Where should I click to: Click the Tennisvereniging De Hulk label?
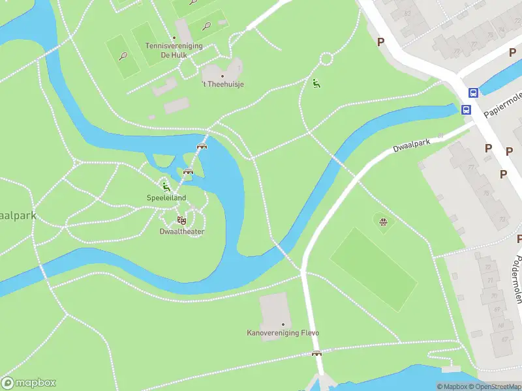coord(174,51)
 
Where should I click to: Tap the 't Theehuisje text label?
coord(223,85)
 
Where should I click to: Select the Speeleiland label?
coord(166,198)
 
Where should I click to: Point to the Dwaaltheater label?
coord(182,231)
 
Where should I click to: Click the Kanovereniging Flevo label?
coord(283,334)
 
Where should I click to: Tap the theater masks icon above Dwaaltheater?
coord(181,220)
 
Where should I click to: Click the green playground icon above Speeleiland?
coord(166,187)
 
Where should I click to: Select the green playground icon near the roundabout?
coord(316,83)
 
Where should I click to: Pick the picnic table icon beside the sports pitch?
coord(384,222)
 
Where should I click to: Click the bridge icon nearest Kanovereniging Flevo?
coord(316,354)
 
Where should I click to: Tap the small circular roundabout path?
coord(326,60)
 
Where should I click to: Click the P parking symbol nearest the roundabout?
coord(381,42)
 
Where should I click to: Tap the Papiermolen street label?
coord(502,104)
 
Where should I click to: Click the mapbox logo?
coord(29,383)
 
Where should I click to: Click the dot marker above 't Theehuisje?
coord(223,76)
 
